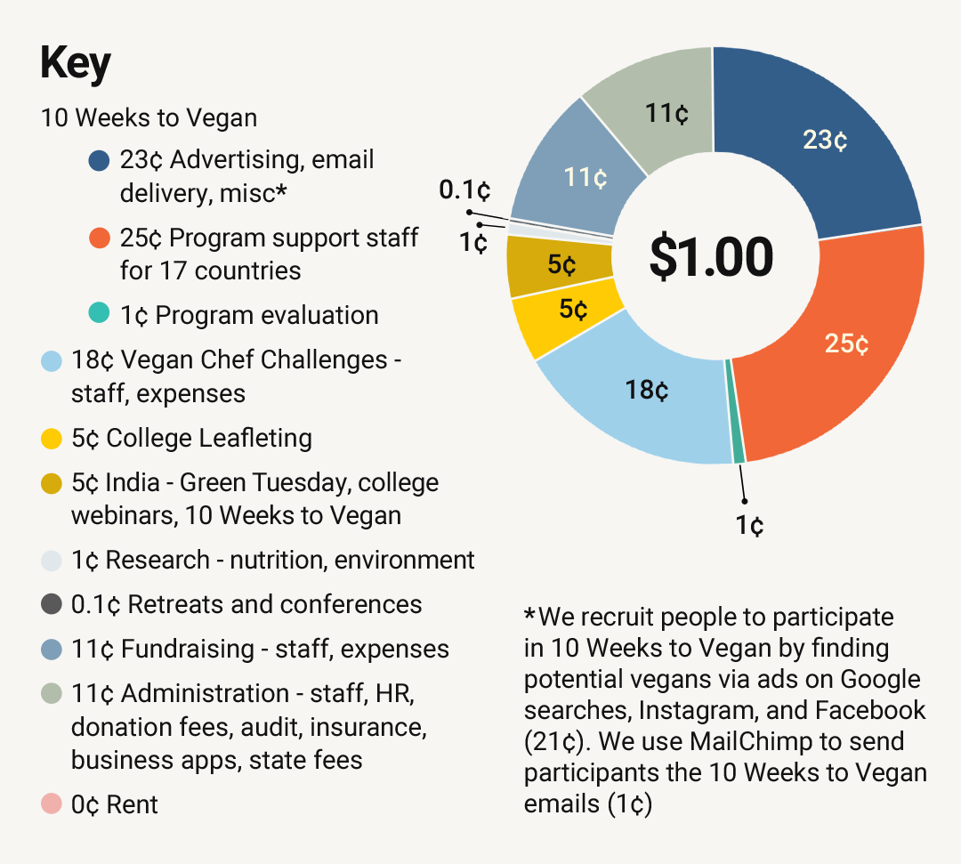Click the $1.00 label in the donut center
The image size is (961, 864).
click(x=711, y=257)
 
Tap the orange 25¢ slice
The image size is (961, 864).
click(x=845, y=343)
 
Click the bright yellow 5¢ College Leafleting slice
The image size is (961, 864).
click(x=571, y=311)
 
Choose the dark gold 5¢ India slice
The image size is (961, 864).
click(x=561, y=265)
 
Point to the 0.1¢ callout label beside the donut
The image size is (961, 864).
click(x=464, y=190)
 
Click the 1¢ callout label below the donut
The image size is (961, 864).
click(x=749, y=526)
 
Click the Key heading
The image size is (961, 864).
click(x=76, y=64)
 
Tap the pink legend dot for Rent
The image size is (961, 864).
click(x=51, y=804)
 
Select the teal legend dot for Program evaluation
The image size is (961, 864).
click(x=100, y=315)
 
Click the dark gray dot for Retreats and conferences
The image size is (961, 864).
click(x=51, y=604)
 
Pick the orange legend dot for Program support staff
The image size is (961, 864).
click(x=100, y=238)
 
